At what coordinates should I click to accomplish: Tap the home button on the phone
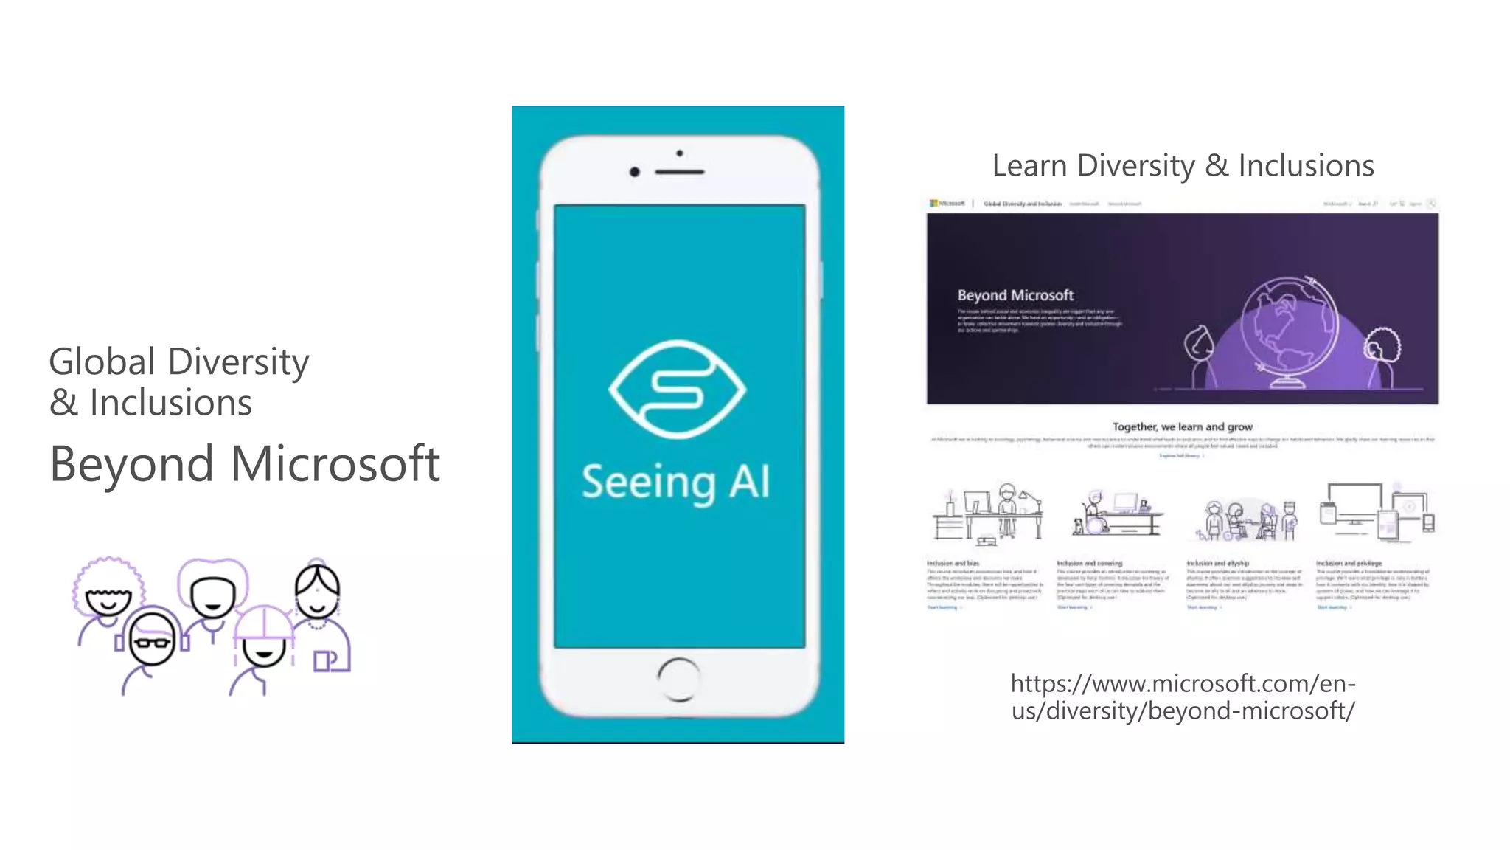click(x=678, y=678)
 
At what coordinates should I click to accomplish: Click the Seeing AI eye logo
click(x=677, y=389)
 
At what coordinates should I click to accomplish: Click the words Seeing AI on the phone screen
click(x=675, y=483)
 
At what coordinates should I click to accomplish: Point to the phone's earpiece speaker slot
click(x=679, y=172)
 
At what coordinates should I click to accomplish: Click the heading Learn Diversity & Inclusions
click(x=1183, y=166)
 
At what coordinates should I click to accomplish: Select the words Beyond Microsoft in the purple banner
click(x=1015, y=295)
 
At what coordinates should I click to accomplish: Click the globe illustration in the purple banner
click(x=1289, y=332)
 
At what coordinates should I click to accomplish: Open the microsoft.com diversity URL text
click(x=1183, y=697)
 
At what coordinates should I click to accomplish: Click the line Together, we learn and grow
click(x=1182, y=426)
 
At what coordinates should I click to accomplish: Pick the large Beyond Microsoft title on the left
click(x=245, y=464)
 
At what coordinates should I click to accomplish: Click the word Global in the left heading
click(x=102, y=362)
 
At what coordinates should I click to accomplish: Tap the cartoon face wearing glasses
click(x=153, y=640)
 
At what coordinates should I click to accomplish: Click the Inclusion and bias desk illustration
click(x=987, y=514)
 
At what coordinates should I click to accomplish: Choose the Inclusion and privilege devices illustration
click(x=1376, y=513)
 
